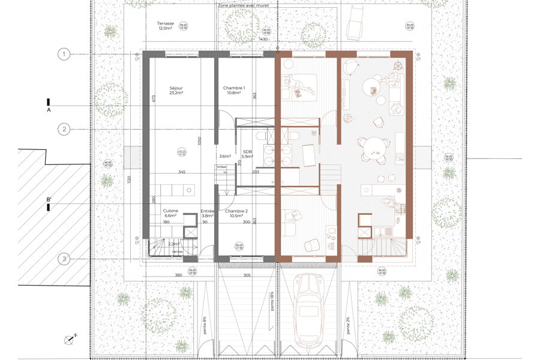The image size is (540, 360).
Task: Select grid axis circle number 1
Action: tap(63, 55)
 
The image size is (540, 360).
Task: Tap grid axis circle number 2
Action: tap(63, 128)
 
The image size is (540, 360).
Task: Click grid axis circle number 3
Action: tap(63, 259)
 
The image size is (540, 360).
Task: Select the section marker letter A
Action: tap(47, 111)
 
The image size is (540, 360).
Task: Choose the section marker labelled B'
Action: tap(49, 200)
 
